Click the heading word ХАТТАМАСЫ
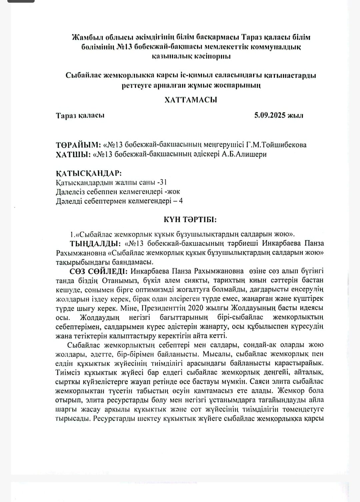(191, 100)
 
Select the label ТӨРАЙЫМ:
(78, 145)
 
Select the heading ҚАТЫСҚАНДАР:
(89, 173)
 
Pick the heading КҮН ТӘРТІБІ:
(190, 219)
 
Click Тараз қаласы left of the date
(80, 115)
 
